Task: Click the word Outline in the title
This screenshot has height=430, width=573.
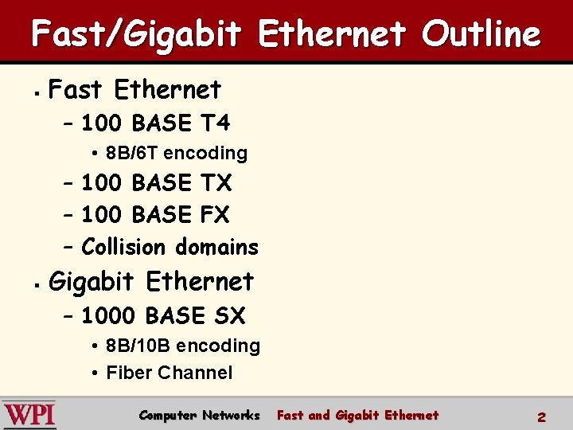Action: click(481, 34)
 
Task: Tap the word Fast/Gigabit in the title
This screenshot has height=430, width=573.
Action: click(136, 34)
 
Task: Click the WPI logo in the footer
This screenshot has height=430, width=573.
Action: click(29, 414)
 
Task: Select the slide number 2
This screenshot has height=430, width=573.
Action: click(541, 416)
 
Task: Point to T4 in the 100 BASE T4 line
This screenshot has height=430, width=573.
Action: click(214, 123)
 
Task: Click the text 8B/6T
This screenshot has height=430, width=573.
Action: click(132, 153)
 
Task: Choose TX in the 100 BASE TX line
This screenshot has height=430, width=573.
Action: click(215, 183)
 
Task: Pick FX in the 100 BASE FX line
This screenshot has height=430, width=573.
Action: click(214, 215)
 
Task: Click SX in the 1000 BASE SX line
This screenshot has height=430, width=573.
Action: click(229, 316)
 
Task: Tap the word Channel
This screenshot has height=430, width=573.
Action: click(195, 373)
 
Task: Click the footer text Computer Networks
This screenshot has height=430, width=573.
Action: click(199, 415)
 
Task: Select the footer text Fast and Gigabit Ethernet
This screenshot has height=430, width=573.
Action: click(357, 415)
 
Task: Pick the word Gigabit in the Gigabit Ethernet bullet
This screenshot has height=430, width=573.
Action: click(93, 282)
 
